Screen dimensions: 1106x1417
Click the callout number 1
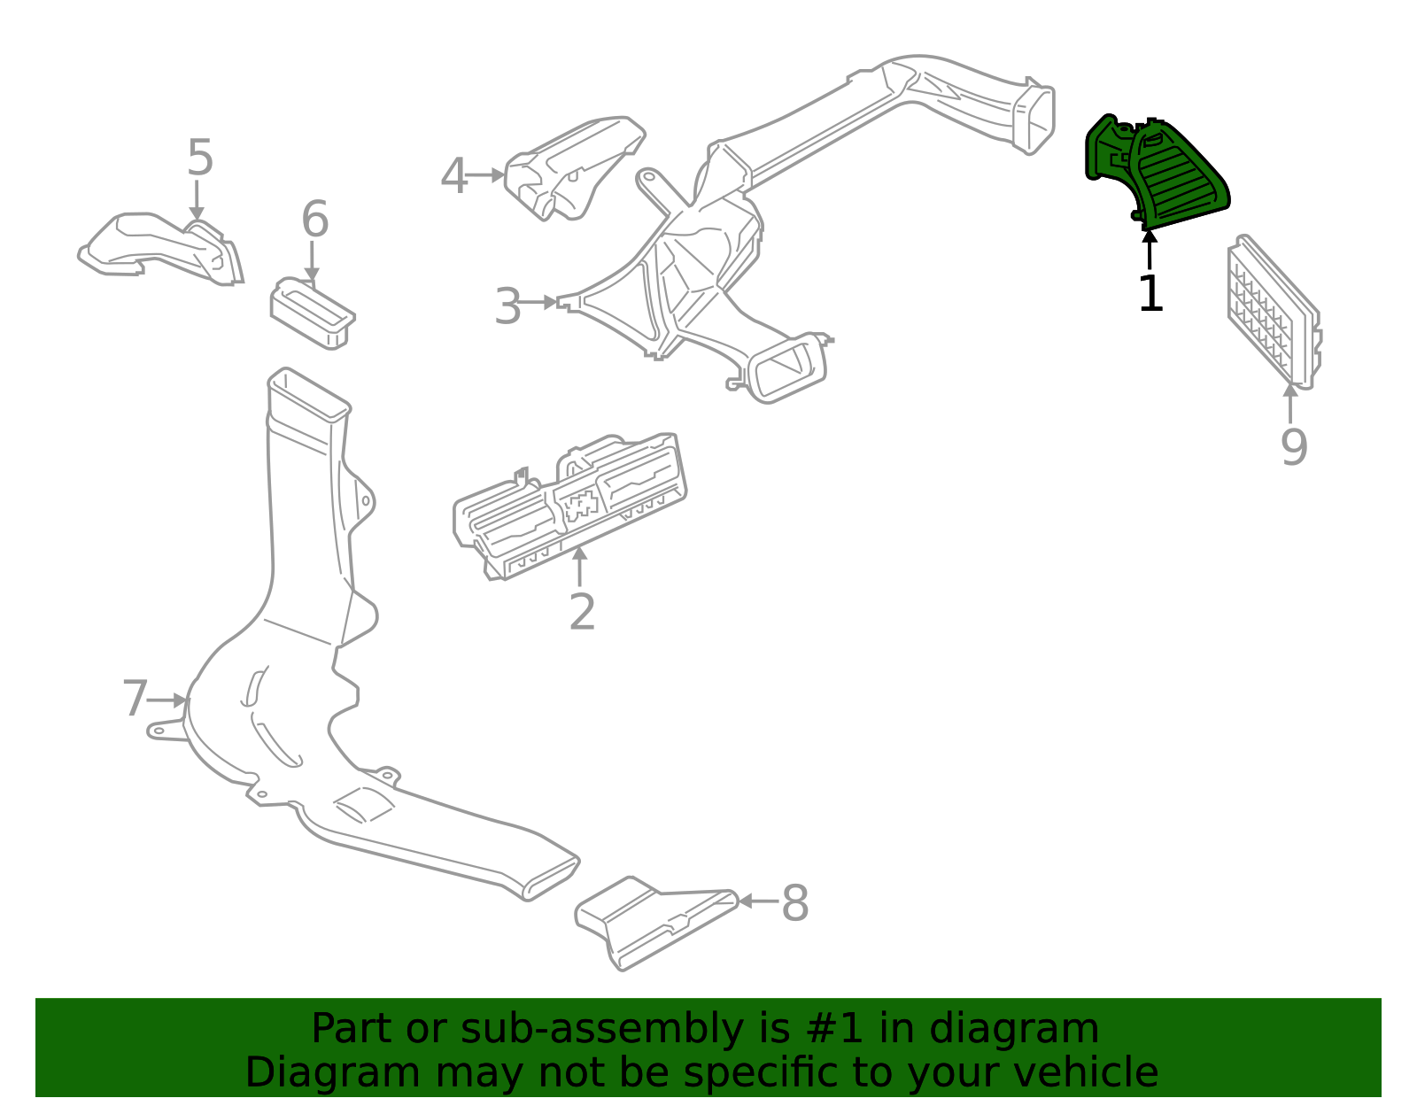[1150, 294]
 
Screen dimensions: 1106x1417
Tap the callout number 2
[582, 612]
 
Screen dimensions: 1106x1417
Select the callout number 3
[507, 307]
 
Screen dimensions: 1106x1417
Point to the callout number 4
[453, 177]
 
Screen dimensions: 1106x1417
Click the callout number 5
[200, 159]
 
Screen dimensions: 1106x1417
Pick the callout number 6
[314, 220]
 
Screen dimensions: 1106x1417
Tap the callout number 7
[134, 700]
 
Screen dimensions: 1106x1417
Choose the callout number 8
[794, 904]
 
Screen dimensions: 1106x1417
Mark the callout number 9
[1293, 447]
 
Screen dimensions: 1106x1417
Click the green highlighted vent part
[1160, 173]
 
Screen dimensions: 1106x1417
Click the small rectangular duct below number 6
[312, 313]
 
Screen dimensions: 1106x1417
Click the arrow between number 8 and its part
[757, 901]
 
